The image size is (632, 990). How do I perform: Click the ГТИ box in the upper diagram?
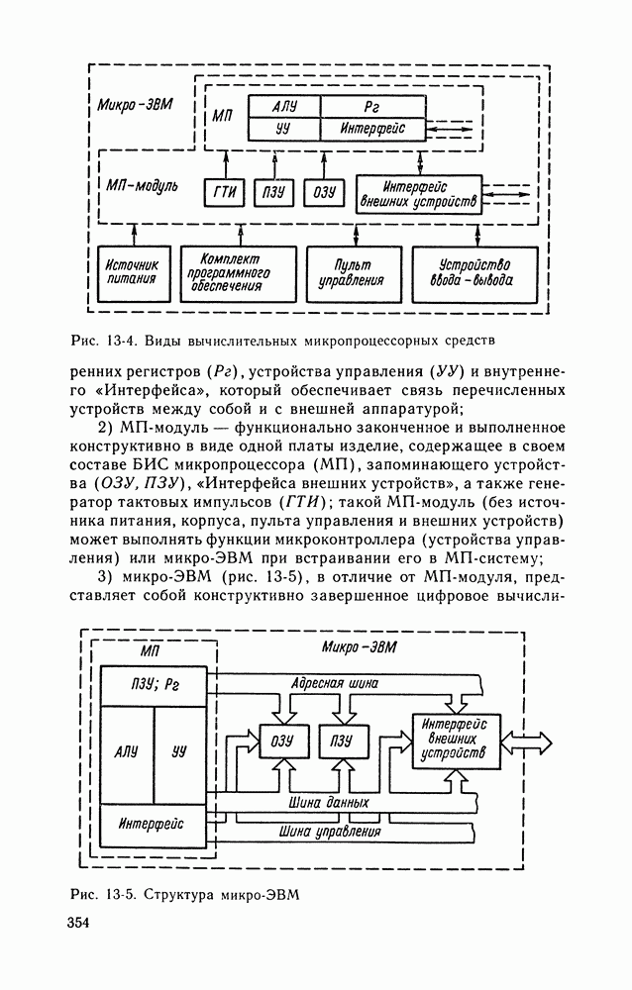point(223,193)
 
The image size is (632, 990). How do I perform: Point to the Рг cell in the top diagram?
point(372,106)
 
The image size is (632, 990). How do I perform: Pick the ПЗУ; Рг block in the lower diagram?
point(158,686)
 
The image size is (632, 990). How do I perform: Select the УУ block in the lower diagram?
point(179,752)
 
